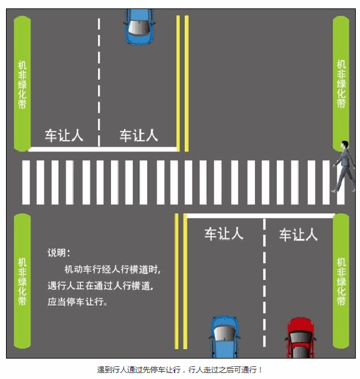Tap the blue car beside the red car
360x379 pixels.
(x=225, y=336)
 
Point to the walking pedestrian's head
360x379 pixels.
(x=344, y=145)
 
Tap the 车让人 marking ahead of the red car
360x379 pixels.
(x=298, y=234)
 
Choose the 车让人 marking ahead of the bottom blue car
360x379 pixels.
(x=224, y=234)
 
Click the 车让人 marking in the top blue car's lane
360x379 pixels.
(x=139, y=135)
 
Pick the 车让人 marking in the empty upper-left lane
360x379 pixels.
(x=64, y=135)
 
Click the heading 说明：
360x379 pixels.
(x=59, y=252)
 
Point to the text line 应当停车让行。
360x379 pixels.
(x=77, y=302)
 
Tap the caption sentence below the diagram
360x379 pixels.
(x=180, y=369)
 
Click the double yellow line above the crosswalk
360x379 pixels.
(x=182, y=84)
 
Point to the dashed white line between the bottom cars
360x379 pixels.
(x=264, y=282)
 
